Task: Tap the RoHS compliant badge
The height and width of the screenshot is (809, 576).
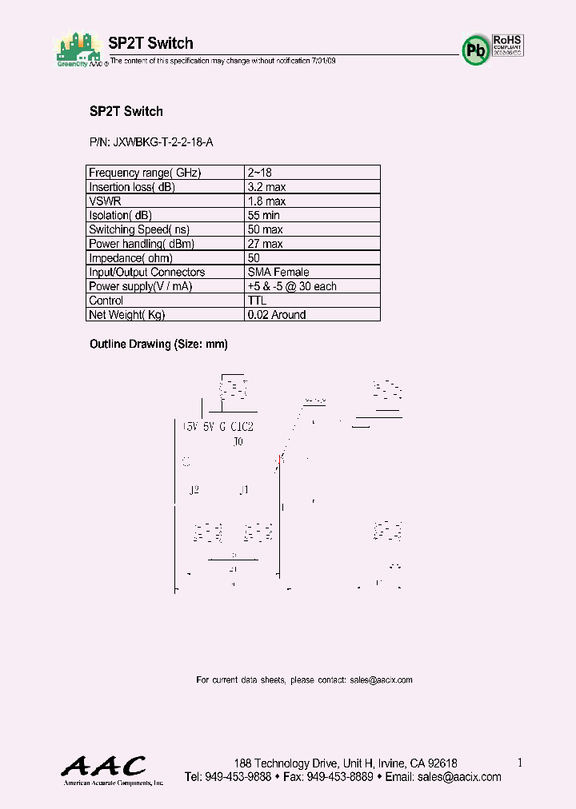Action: click(x=506, y=44)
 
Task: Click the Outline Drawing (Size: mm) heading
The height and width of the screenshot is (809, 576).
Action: click(x=158, y=345)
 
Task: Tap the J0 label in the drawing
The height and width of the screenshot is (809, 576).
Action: click(x=238, y=440)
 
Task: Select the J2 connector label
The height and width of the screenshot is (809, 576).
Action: click(x=194, y=490)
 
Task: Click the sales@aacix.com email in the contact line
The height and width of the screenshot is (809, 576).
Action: click(x=381, y=680)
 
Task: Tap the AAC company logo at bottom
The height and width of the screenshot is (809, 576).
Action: click(x=104, y=767)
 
